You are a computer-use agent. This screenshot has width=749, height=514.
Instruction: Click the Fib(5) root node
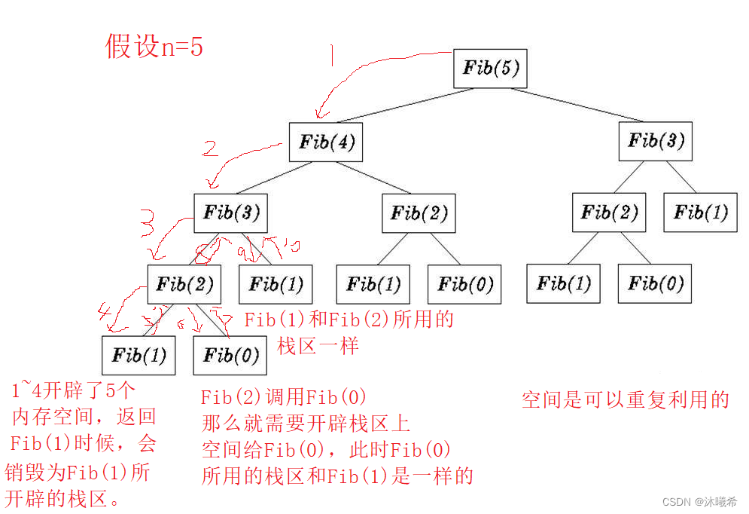[489, 69]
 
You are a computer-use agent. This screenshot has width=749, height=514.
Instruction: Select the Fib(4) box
[326, 142]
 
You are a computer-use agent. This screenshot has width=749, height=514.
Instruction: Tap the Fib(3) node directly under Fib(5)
[655, 140]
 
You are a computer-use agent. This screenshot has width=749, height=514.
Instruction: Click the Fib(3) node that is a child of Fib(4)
[231, 213]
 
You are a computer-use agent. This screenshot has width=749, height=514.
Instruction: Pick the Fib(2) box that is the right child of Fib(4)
[419, 213]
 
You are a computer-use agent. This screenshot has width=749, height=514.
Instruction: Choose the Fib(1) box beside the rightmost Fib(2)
[700, 213]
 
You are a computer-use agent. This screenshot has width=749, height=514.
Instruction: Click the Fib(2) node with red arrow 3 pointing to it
[184, 284]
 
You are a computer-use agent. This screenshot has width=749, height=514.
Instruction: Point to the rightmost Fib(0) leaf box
[655, 283]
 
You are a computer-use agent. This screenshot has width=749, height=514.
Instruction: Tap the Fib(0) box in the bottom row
[230, 355]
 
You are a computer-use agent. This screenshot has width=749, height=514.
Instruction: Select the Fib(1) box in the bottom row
[139, 355]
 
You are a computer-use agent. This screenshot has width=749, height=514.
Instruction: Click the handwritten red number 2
[211, 148]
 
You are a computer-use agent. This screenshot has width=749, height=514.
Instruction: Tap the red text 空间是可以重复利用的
[625, 400]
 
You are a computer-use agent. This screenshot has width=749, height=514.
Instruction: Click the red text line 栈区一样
[318, 346]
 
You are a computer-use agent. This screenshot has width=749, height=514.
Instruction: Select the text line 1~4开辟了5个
[73, 390]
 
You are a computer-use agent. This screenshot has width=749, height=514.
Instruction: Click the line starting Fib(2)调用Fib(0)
[284, 398]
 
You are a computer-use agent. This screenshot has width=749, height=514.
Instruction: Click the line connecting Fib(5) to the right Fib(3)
[580, 106]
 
